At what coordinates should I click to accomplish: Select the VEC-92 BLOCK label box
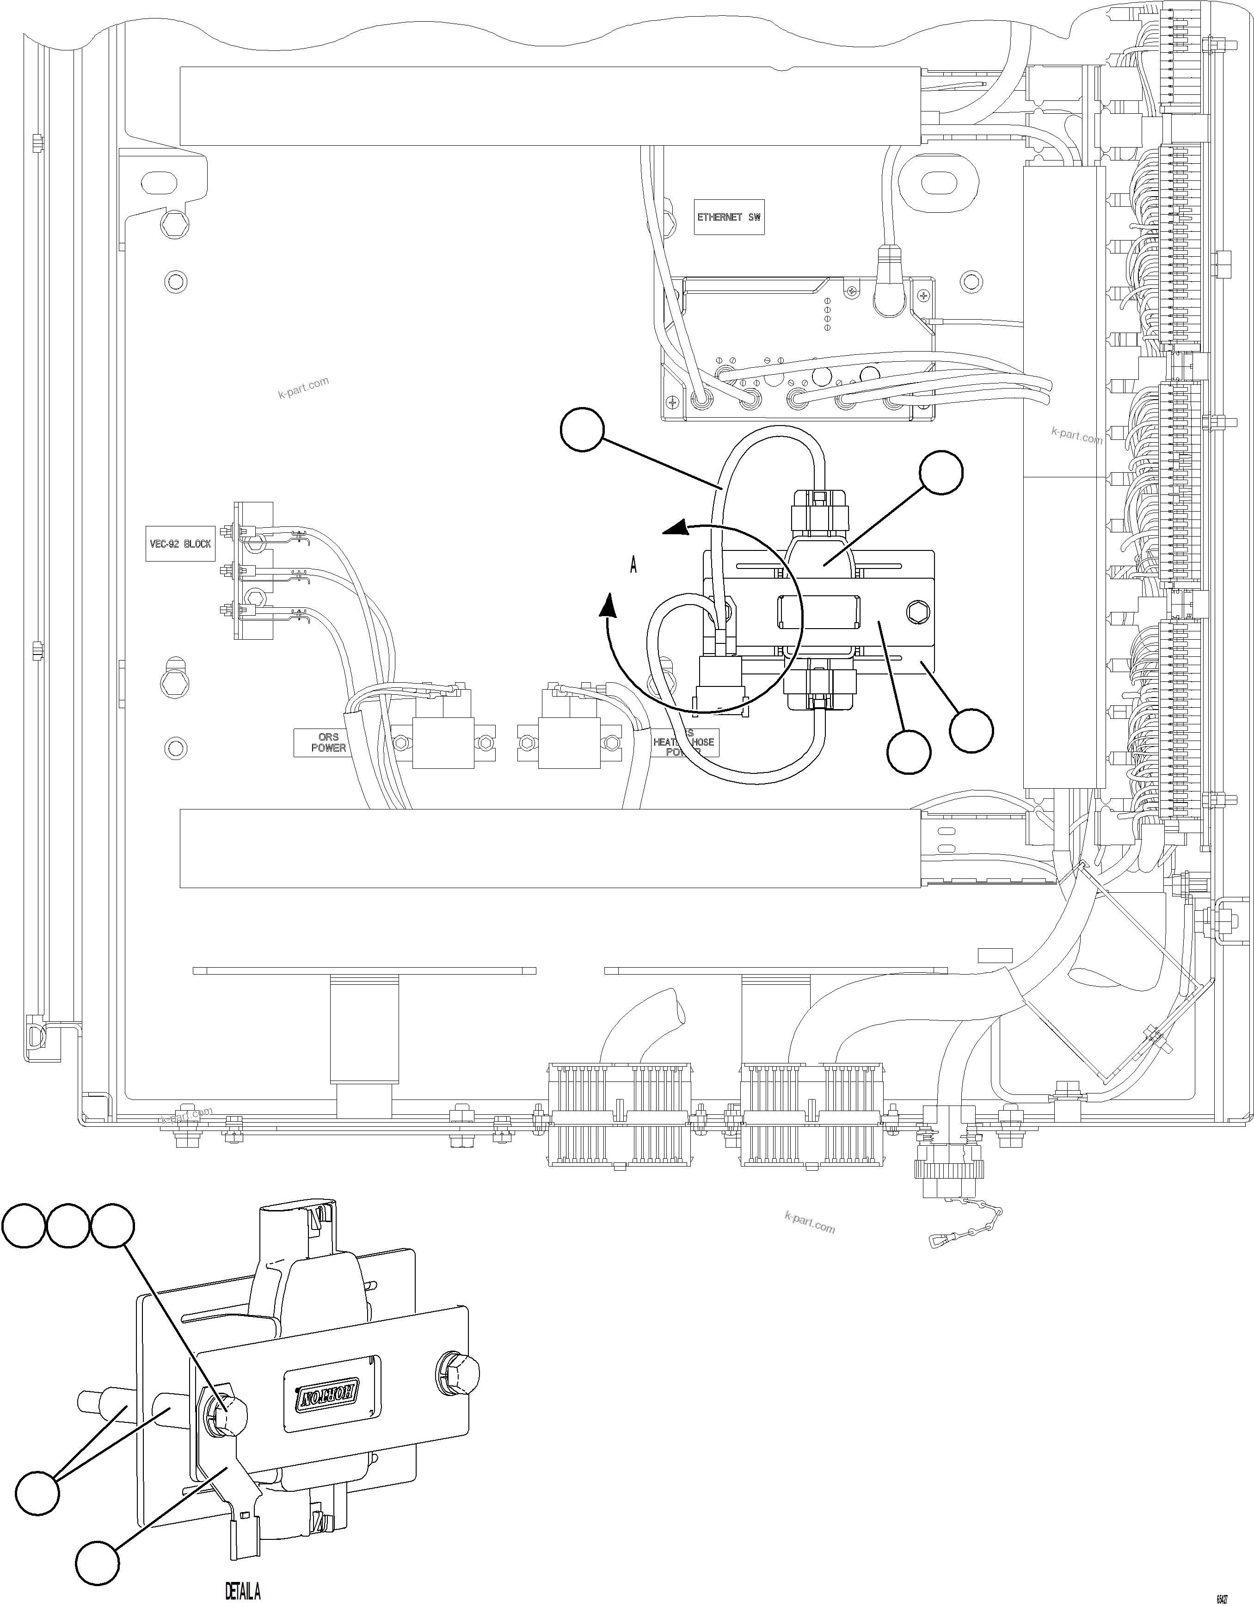(x=180, y=544)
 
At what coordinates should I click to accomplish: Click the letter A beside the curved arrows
(x=633, y=565)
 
